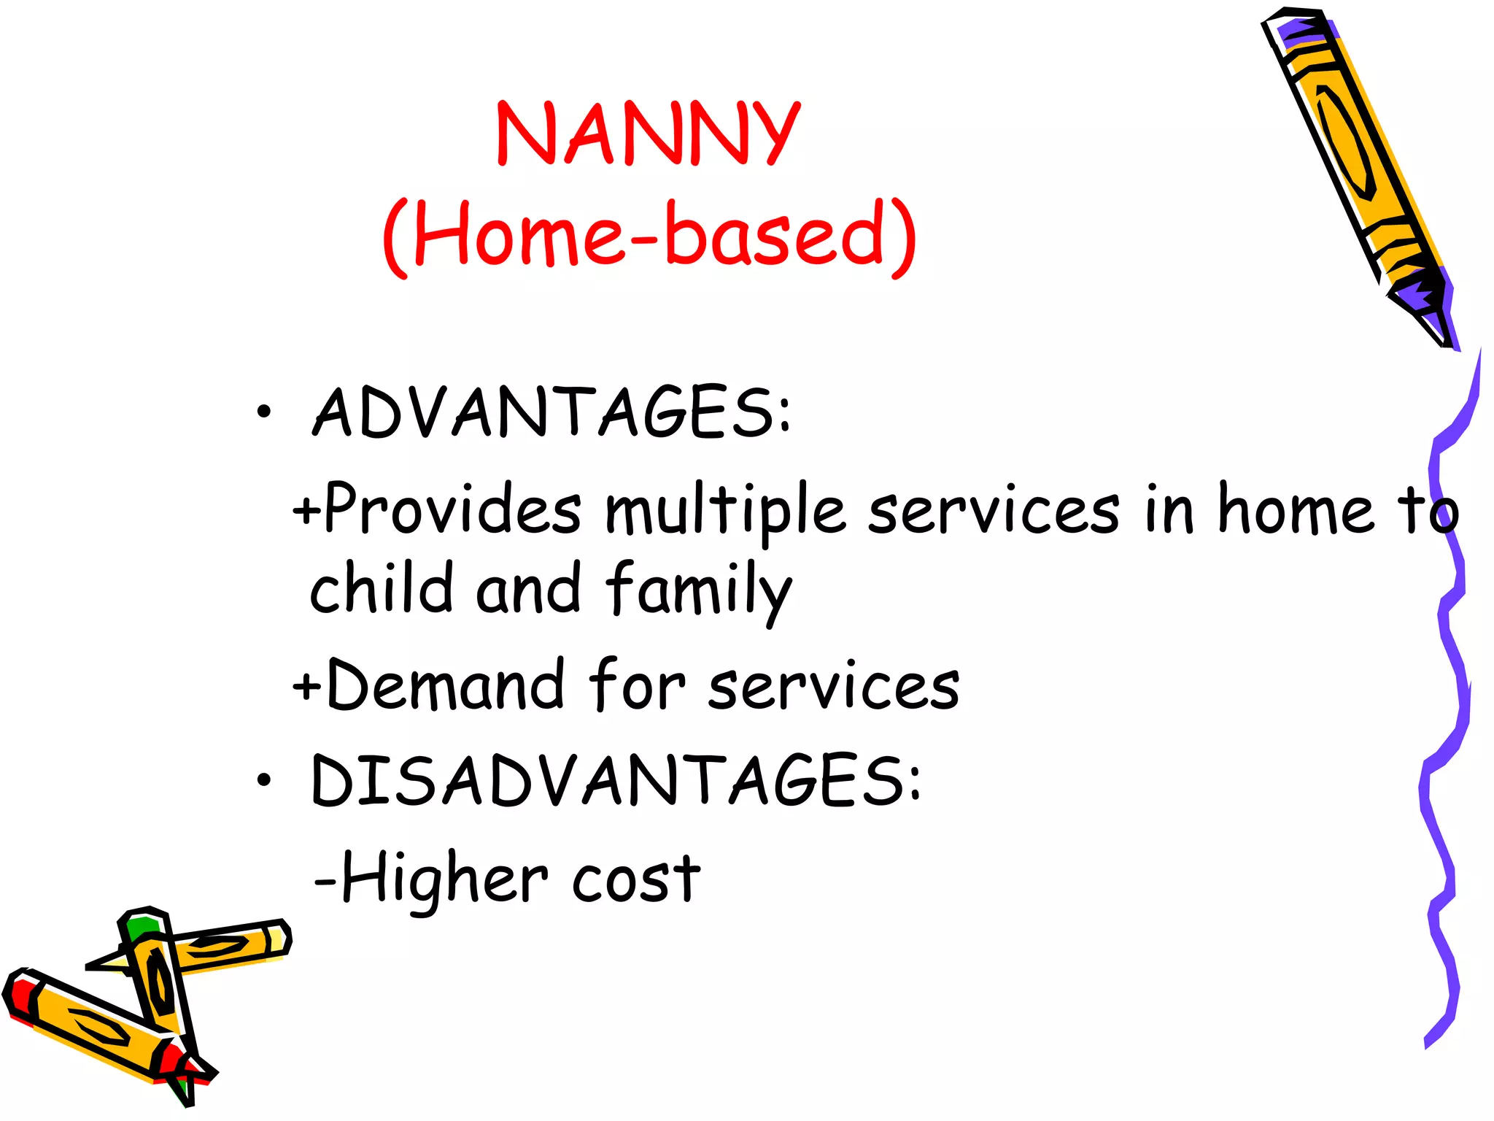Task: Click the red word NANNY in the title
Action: click(648, 133)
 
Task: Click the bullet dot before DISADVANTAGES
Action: click(263, 781)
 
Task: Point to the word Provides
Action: click(452, 509)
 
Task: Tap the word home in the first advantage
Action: click(1295, 509)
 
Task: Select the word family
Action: click(699, 591)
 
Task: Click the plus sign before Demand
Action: click(306, 686)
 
